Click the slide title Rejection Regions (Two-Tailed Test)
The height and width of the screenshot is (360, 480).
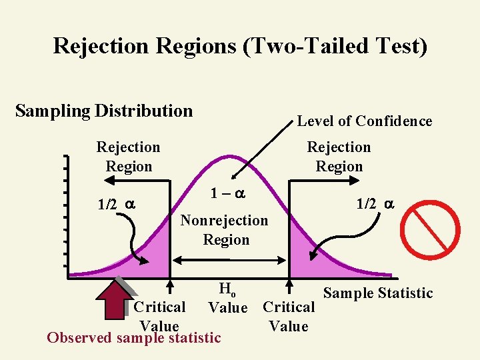[x=240, y=46]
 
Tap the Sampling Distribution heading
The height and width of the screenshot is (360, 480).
[x=104, y=111]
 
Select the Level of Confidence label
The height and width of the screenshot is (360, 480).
[x=364, y=121]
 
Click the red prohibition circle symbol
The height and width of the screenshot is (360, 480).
[x=435, y=231]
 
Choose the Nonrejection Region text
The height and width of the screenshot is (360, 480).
[x=225, y=230]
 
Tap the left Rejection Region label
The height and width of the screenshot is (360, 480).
[x=129, y=157]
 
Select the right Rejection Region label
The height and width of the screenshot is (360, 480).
[x=339, y=157]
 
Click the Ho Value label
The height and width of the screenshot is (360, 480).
[x=228, y=299]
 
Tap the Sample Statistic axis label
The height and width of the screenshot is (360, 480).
[x=377, y=293]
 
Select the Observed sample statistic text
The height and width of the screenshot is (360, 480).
[x=133, y=338]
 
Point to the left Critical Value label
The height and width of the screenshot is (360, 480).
[x=159, y=317]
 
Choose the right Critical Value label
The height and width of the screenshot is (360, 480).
[x=288, y=317]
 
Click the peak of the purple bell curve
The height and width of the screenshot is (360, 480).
[x=229, y=157]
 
